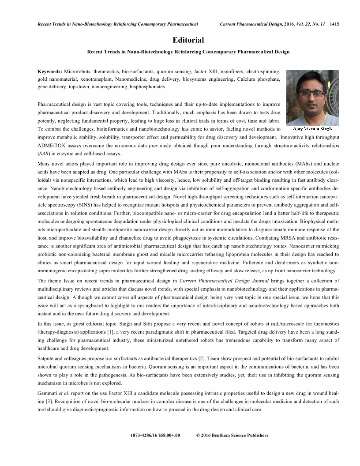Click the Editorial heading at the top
188,40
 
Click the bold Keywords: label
50,71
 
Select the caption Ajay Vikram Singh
313,129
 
